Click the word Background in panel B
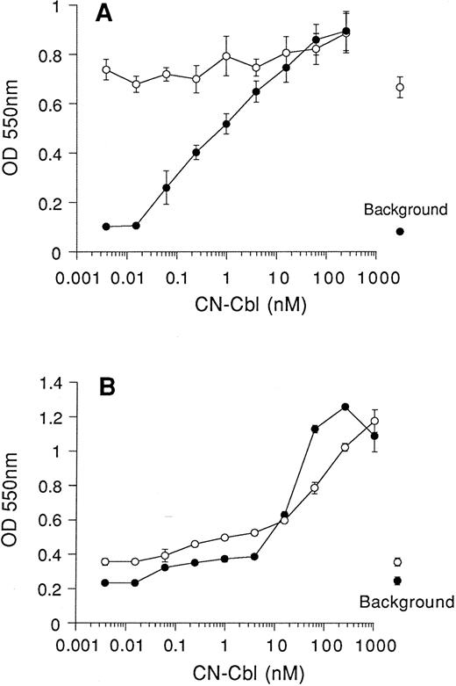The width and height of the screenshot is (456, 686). (404, 603)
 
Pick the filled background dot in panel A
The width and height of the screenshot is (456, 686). (400, 232)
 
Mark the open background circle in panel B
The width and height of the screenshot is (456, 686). (397, 562)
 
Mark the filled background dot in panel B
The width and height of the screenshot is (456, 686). (397, 581)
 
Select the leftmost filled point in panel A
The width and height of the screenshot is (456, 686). (106, 227)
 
